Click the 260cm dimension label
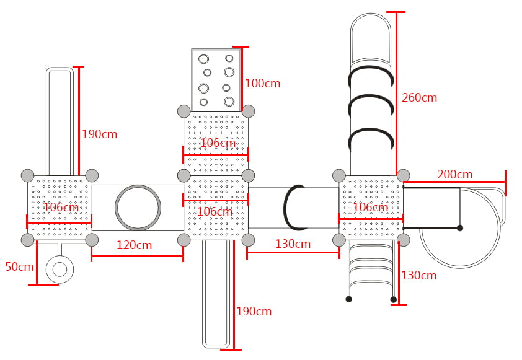pyautogui.click(x=419, y=98)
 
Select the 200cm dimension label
pyautogui.click(x=454, y=175)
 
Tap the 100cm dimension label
pyautogui.click(x=262, y=84)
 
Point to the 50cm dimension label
pyautogui.click(x=19, y=267)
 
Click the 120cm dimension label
pyautogui.click(x=134, y=245)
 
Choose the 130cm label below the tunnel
pyautogui.click(x=293, y=244)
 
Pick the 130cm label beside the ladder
pyautogui.click(x=418, y=276)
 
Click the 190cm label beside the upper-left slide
pyautogui.click(x=99, y=134)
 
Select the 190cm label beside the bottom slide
pyautogui.click(x=254, y=312)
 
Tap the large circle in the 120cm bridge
pyautogui.click(x=138, y=208)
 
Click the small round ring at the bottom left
pyautogui.click(x=60, y=270)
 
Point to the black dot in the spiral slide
pyautogui.click(x=460, y=228)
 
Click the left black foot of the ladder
pyautogui.click(x=349, y=299)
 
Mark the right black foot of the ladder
pyautogui.click(x=394, y=299)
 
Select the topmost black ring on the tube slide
pyautogui.click(x=371, y=77)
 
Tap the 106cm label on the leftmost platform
pyautogui.click(x=61, y=208)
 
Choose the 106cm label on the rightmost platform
pyautogui.click(x=370, y=208)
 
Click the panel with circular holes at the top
pyautogui.click(x=216, y=80)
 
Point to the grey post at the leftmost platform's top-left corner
pyautogui.click(x=28, y=175)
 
